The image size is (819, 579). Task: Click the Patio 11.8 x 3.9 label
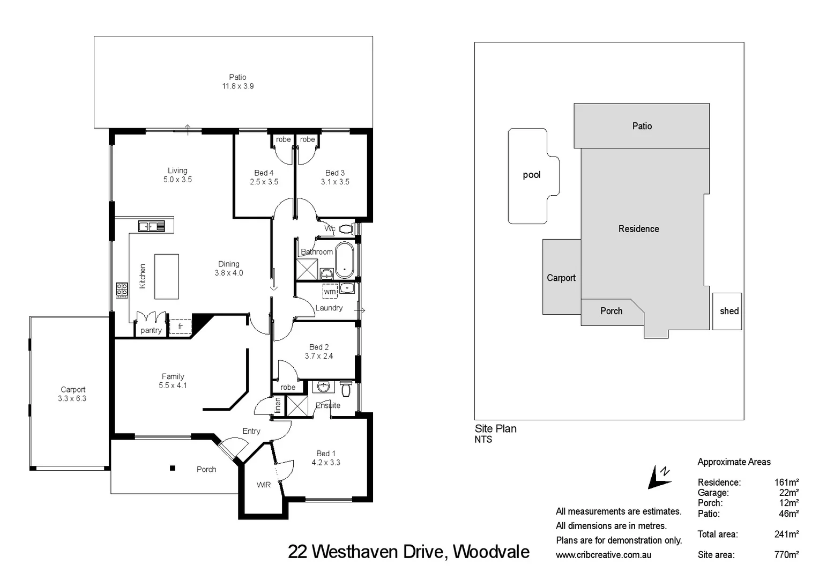(x=237, y=81)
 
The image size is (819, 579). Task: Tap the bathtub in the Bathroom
(x=344, y=260)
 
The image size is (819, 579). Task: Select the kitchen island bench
(x=166, y=276)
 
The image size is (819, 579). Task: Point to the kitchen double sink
(x=152, y=226)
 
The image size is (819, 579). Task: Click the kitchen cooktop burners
(x=122, y=290)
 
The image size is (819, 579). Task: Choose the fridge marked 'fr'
(x=180, y=326)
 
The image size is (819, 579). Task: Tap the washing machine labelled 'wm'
(x=330, y=291)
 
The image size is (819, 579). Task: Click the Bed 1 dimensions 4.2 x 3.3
(x=326, y=462)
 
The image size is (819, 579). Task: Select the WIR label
(x=263, y=485)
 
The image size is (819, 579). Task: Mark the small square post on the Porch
(x=173, y=468)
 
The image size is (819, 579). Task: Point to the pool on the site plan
(x=531, y=175)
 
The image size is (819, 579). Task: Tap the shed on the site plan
(x=728, y=311)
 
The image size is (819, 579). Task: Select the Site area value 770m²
(x=786, y=555)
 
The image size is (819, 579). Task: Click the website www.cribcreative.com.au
(x=603, y=555)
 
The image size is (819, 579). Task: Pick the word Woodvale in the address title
(x=491, y=552)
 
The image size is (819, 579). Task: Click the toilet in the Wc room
(x=346, y=229)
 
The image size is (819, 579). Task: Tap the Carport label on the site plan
(x=561, y=278)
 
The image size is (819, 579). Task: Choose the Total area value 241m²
(x=786, y=534)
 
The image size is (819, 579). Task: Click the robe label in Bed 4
(x=283, y=139)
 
